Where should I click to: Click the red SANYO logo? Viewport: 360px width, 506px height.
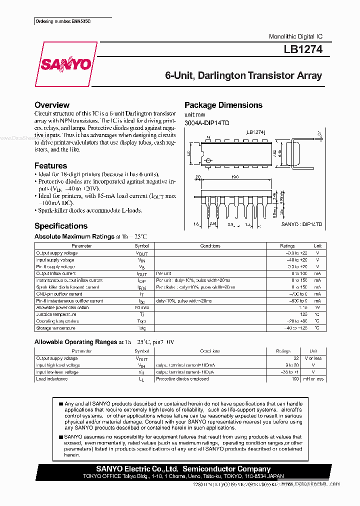click(x=66, y=64)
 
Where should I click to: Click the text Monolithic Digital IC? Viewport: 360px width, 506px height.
click(x=295, y=36)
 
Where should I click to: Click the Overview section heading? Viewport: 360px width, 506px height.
click(x=52, y=105)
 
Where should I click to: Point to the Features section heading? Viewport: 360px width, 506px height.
click(x=50, y=165)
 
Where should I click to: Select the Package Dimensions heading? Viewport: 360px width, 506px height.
click(x=223, y=105)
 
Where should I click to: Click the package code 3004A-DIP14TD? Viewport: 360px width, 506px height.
click(x=206, y=123)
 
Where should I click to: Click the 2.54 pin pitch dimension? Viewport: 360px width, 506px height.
click(x=212, y=224)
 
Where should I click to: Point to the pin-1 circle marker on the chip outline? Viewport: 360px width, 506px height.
click(x=209, y=161)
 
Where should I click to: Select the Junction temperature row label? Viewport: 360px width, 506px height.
click(x=55, y=314)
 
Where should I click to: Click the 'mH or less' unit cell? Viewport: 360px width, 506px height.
click(x=313, y=379)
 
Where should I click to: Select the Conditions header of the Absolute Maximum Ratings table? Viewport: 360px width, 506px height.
click(x=210, y=246)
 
